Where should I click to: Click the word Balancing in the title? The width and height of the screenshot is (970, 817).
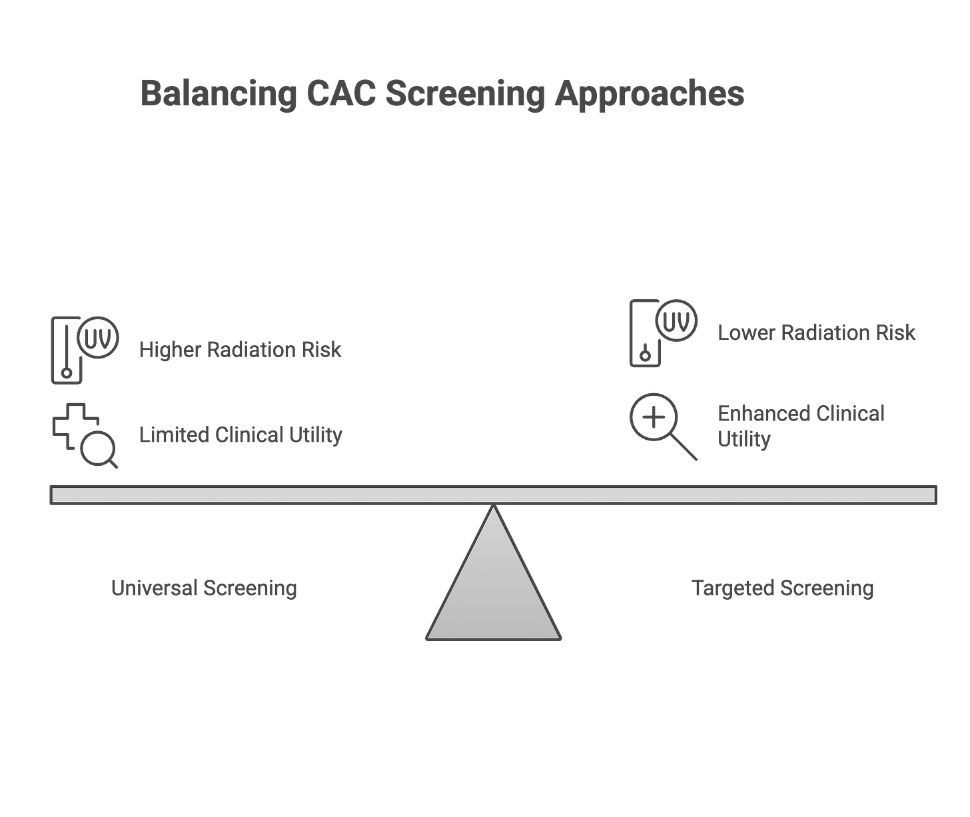click(219, 95)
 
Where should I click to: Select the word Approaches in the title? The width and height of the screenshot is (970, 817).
click(649, 95)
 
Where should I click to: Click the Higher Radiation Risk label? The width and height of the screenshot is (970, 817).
click(240, 350)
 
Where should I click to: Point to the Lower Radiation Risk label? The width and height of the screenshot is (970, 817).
click(816, 333)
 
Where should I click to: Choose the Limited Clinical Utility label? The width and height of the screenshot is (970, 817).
click(240, 435)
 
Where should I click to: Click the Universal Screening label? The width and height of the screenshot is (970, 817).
click(204, 588)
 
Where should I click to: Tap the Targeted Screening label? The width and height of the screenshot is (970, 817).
click(783, 588)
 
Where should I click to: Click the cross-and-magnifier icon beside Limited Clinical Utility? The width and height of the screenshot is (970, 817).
click(83, 435)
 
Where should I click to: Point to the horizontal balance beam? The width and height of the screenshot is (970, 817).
click(493, 495)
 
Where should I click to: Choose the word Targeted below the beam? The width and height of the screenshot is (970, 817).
click(733, 588)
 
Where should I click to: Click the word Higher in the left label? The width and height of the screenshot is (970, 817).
click(169, 350)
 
